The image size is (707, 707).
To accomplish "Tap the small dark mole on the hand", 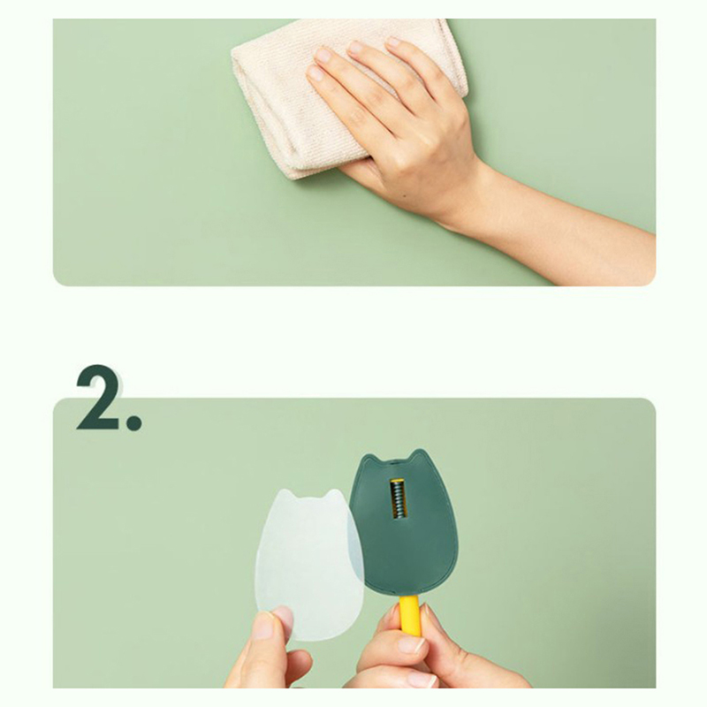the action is tap(404, 195).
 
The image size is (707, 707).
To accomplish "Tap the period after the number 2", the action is tap(134, 422).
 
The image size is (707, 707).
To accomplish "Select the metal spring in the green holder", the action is tap(397, 499).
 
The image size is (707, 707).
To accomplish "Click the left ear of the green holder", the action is tap(369, 459).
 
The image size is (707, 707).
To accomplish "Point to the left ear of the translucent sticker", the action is tap(284, 495).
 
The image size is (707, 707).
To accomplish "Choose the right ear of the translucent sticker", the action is tap(335, 495).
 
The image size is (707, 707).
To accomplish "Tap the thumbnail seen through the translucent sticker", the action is tap(282, 619).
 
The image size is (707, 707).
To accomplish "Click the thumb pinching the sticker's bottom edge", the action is tap(270, 631).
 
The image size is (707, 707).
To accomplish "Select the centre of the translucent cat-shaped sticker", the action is tap(310, 564).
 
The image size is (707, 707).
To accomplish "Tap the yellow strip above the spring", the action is tap(397, 480).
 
